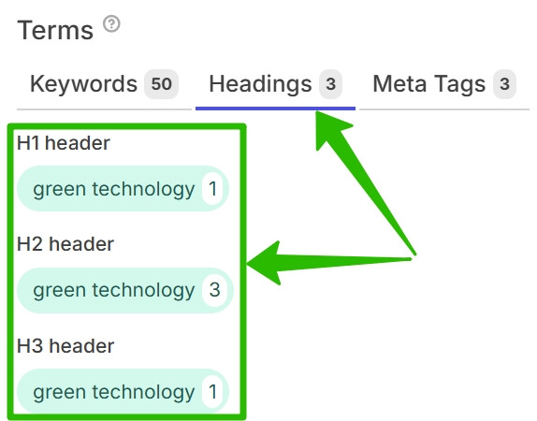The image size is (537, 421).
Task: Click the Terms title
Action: pos(55,30)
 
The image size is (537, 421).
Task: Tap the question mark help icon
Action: pos(111,24)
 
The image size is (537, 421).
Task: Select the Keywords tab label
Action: pos(83,84)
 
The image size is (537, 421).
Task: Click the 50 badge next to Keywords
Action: pos(161,84)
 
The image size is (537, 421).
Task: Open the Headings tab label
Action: pos(260,84)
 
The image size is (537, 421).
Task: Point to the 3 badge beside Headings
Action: pos(330,84)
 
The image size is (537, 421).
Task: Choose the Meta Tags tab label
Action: pos(428,84)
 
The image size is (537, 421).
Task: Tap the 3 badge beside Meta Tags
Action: pos(504,84)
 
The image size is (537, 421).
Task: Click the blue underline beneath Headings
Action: pos(275,109)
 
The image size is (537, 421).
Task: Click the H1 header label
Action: pos(64,143)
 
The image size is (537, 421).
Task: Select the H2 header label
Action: pos(65,244)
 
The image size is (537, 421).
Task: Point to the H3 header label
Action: pos(65,346)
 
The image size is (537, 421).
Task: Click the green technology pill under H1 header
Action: pos(123,188)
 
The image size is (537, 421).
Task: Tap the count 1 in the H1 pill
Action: pos(212,188)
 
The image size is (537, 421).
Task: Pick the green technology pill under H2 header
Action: pos(125,290)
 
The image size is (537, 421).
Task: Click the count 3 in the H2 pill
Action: pos(214,290)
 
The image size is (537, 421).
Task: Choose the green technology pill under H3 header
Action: pos(123,392)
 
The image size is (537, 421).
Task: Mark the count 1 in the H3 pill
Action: pos(212,392)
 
